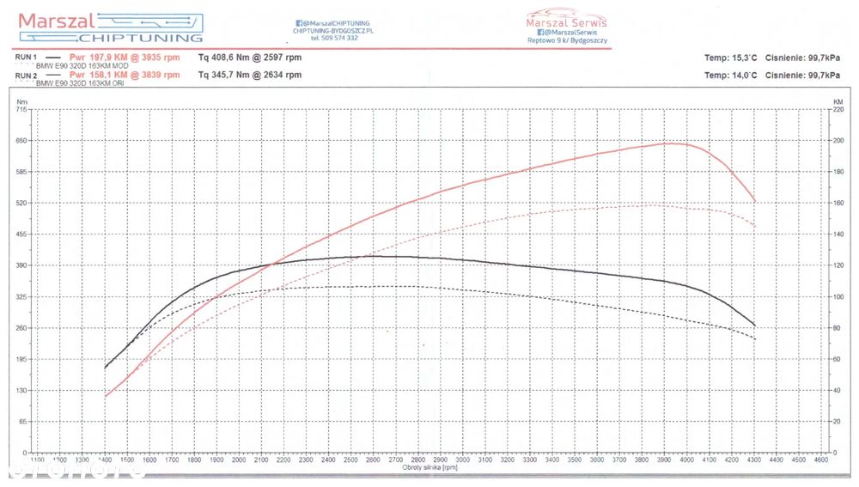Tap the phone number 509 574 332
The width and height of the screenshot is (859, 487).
tap(334, 38)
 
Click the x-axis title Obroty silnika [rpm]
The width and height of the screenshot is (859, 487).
tap(429, 467)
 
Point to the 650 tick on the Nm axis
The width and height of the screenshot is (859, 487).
tap(21, 140)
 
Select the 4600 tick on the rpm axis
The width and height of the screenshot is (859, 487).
tap(822, 461)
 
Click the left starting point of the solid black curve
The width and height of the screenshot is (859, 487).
tap(105, 368)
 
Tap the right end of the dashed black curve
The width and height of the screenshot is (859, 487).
tap(755, 338)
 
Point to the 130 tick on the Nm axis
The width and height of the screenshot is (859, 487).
tap(21, 391)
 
